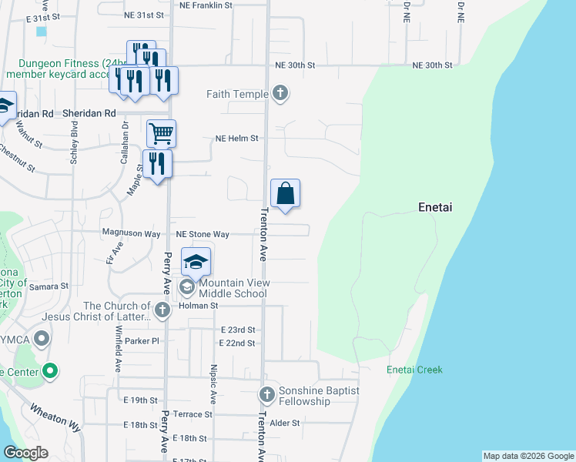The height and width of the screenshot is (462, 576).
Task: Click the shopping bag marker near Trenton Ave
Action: [x=285, y=194]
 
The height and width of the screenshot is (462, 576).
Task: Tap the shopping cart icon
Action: [x=161, y=133]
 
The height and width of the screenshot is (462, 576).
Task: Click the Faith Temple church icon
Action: [x=280, y=94]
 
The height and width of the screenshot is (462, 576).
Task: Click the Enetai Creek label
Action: [x=414, y=370]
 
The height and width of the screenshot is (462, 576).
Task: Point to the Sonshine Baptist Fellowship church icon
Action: [x=266, y=396]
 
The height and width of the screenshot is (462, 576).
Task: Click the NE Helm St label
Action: [x=236, y=139]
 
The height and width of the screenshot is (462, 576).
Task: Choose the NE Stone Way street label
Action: [x=203, y=234]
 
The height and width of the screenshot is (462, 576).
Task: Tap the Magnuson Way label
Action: [x=131, y=233]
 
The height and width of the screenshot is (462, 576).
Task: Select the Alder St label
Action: [x=284, y=423]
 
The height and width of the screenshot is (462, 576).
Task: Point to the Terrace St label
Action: [x=193, y=414]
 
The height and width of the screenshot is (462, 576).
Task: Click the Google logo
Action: [x=25, y=453]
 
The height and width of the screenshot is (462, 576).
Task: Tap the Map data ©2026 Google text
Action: [x=528, y=456]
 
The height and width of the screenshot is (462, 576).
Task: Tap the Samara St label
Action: [x=49, y=286]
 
